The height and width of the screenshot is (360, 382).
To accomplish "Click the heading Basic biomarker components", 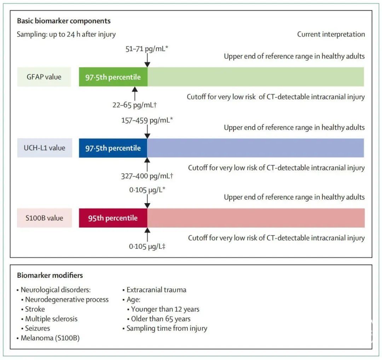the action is point(64,21).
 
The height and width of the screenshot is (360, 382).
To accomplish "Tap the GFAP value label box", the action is point(44,77).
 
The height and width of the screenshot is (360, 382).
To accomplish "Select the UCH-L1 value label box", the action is point(45,148).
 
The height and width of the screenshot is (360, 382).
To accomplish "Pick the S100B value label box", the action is point(44,218).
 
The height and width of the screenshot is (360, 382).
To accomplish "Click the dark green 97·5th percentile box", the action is point(113,77).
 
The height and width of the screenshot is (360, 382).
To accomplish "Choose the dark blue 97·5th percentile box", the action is point(113,148).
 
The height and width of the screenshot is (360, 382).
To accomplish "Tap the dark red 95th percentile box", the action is point(113,218).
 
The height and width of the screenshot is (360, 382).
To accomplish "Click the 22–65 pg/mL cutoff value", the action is point(134,105).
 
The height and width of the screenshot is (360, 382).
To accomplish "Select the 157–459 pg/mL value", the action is point(147,120).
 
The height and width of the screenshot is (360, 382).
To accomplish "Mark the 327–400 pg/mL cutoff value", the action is point(147,176).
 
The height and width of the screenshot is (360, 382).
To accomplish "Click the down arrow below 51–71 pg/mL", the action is point(147,60).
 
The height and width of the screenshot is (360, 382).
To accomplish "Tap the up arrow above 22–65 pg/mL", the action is point(135,93).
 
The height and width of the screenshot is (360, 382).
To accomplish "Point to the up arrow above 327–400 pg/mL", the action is point(147,164).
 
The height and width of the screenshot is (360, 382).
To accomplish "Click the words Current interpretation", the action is point(331,34).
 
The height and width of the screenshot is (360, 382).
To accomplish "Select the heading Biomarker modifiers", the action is point(50,275).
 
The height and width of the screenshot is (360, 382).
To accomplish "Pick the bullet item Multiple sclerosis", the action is point(50,319).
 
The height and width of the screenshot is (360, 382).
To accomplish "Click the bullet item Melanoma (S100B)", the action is point(48,338).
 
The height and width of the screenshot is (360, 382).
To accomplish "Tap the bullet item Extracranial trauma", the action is point(155,290).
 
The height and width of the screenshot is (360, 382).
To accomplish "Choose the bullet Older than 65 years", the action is point(159,319).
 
